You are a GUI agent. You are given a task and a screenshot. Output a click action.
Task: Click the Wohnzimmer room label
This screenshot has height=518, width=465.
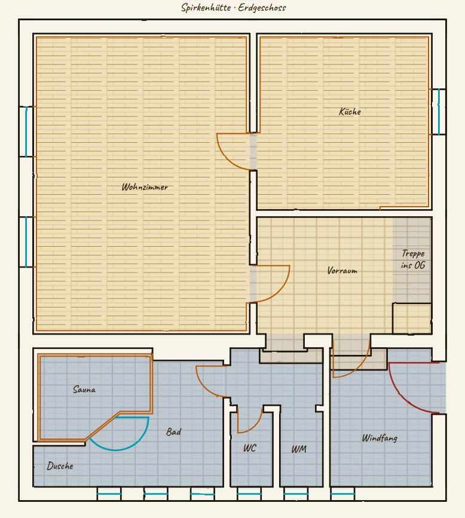pyautogui.click(x=145, y=188)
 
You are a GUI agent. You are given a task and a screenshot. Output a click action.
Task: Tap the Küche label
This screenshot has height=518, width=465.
pyautogui.click(x=350, y=112)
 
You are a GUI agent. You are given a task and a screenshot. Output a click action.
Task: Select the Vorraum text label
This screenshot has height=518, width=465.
pyautogui.click(x=342, y=271)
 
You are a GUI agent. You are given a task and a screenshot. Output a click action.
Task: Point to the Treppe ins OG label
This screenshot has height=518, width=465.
pyautogui.click(x=413, y=259)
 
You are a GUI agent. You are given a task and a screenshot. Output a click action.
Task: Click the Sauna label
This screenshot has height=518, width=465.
pyautogui.click(x=84, y=390)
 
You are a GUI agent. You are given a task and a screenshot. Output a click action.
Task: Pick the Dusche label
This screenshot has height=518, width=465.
pyautogui.click(x=60, y=466)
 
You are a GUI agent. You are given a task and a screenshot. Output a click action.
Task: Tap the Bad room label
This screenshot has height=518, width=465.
pyautogui.click(x=173, y=432)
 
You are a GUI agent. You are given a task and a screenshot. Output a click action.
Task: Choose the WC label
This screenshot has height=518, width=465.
pyautogui.click(x=249, y=448)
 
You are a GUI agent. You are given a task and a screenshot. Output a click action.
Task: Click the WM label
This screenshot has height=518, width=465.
pyautogui.click(x=299, y=449)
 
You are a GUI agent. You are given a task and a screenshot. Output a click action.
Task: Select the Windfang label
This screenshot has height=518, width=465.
pyautogui.click(x=380, y=438)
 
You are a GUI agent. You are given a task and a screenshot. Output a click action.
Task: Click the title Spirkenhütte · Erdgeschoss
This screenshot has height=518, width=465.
pyautogui.click(x=233, y=8)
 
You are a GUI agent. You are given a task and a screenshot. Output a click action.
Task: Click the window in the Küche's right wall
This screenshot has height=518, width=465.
pyautogui.click(x=439, y=112)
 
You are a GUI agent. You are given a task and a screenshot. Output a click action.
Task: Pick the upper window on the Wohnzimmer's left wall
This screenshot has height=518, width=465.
pyautogui.click(x=26, y=131)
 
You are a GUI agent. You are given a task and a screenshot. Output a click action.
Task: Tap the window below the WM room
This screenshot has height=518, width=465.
pyautogui.click(x=296, y=494)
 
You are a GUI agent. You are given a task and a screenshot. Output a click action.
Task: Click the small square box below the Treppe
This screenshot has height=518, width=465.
pyautogui.click(x=412, y=318)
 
